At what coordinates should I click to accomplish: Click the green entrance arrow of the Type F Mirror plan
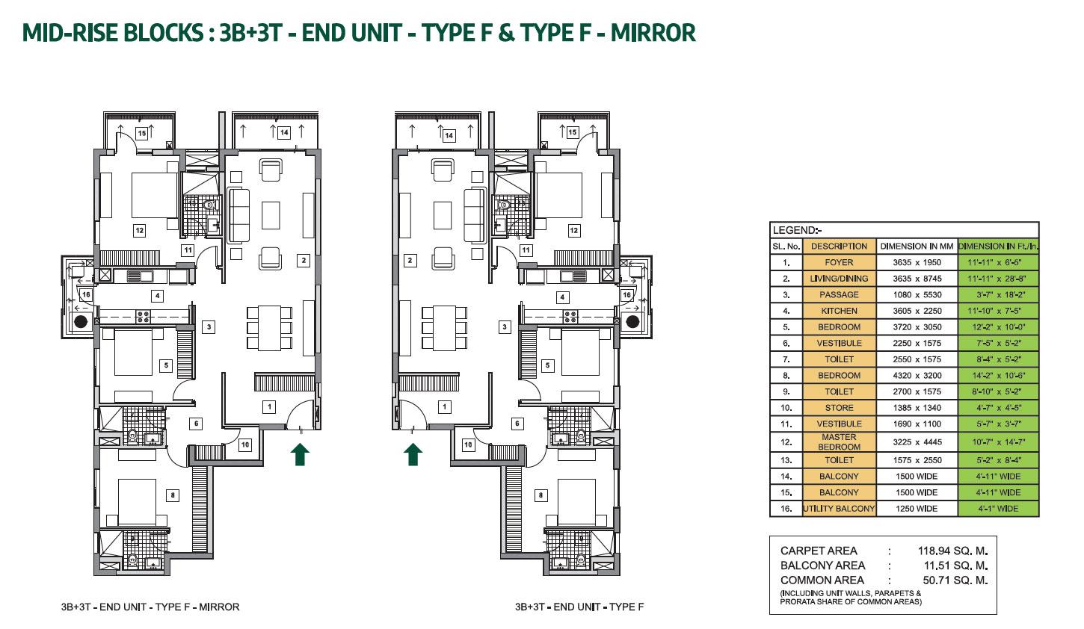tap(300, 454)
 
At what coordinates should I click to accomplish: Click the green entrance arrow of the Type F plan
tap(413, 454)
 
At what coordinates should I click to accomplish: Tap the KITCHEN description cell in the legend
tap(839, 311)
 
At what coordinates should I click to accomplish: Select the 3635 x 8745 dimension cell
tap(917, 279)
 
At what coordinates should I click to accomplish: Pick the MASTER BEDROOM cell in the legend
tap(839, 442)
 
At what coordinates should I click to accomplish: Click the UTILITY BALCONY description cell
tap(839, 509)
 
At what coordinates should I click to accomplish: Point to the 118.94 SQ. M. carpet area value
tap(952, 551)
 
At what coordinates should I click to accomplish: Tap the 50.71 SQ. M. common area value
tap(955, 580)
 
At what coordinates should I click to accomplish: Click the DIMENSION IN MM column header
tap(917, 246)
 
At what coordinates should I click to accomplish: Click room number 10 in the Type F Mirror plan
tap(245, 444)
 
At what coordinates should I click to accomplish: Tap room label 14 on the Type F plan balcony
tap(449, 135)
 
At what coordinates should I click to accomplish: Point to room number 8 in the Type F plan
tap(541, 495)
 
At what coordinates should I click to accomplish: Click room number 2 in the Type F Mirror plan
tap(304, 260)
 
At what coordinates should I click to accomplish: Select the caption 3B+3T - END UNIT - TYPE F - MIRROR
tap(150, 607)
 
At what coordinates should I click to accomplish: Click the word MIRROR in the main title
tap(653, 33)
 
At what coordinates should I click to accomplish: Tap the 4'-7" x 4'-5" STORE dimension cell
tap(998, 408)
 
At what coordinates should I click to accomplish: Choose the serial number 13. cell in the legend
tap(786, 460)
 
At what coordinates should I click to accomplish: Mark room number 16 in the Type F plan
tap(626, 294)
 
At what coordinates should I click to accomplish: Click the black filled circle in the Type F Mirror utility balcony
tap(80, 321)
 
